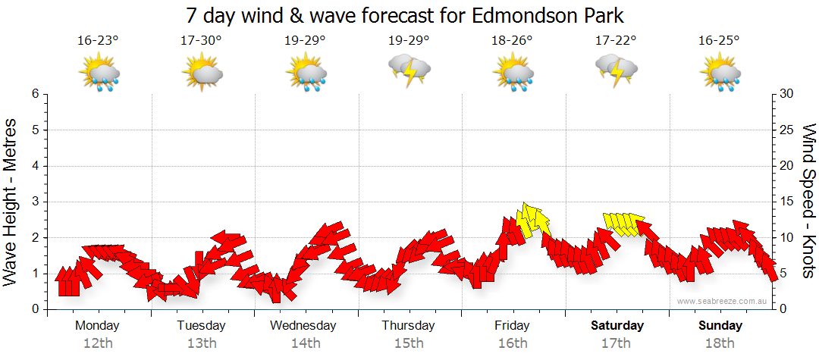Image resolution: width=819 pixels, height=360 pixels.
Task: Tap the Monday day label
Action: coord(97,326)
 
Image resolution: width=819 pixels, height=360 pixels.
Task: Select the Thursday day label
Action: coord(408,326)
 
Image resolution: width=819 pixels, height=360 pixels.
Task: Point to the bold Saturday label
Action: coord(617,326)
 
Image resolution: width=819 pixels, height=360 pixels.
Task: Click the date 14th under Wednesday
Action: coord(305,343)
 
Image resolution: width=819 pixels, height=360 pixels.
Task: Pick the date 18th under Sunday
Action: coord(720,343)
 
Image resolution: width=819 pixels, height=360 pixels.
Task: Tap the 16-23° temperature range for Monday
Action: coord(98,41)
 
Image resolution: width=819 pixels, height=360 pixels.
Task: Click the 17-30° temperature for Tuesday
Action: coord(201,41)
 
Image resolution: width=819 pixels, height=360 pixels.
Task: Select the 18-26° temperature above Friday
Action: coord(512,41)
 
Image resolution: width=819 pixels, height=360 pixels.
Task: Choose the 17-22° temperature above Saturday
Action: coord(616,41)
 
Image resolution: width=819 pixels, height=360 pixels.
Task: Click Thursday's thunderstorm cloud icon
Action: coord(409,70)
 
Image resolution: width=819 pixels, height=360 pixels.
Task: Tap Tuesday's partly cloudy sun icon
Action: coord(202,74)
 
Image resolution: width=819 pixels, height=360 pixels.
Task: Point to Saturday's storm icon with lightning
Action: coord(617,70)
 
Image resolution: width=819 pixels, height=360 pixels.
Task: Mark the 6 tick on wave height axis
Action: coord(35,94)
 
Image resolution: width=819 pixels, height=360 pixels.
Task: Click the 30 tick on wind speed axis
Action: coord(786,94)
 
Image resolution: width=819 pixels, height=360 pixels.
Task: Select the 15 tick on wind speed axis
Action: coord(786,202)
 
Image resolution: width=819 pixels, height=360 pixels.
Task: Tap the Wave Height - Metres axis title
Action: coord(12,202)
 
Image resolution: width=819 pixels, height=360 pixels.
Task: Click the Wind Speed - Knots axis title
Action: coord(808,202)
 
